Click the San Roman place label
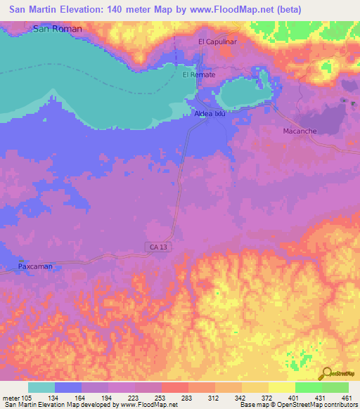click(58, 29)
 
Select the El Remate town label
click(199, 74)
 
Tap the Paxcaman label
click(34, 267)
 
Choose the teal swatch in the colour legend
click(41, 387)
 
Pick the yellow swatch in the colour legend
click(281, 387)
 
